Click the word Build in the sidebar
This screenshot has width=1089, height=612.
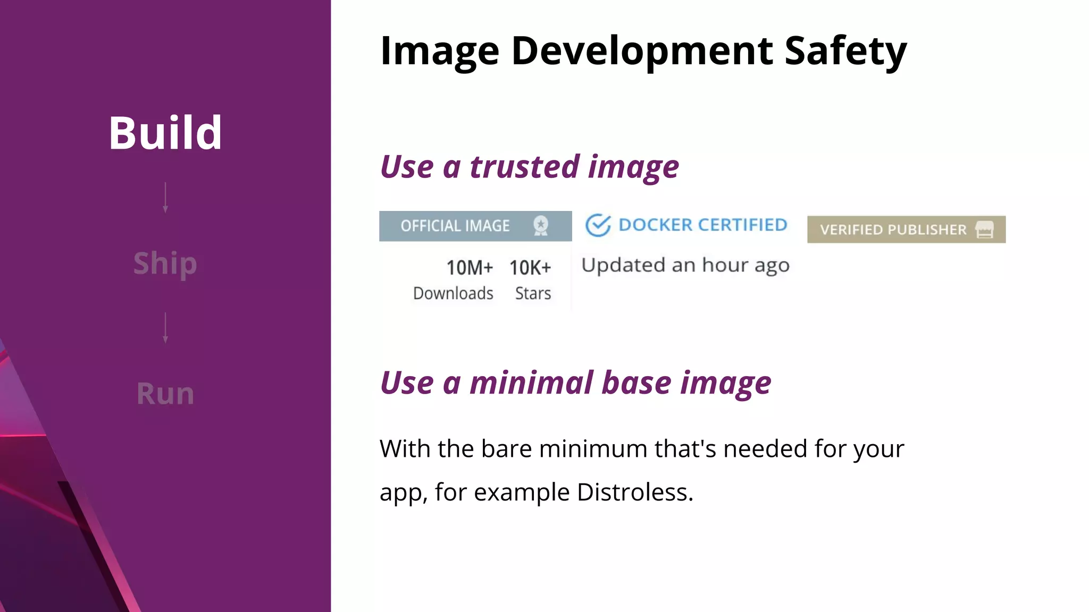tap(165, 133)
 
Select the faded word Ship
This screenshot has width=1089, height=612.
tap(165, 263)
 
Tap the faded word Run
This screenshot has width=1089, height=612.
tap(165, 394)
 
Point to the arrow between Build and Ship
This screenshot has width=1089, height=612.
tap(165, 198)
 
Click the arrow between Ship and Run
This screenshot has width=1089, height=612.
tap(165, 328)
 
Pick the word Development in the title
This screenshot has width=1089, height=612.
tap(642, 50)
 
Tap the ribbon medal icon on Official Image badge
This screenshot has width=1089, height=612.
tap(541, 226)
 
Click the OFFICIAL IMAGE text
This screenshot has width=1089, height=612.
tap(455, 226)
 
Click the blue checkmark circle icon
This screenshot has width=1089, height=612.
tap(598, 225)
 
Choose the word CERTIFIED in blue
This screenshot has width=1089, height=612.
tap(742, 225)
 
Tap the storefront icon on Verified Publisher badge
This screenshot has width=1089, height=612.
tap(985, 229)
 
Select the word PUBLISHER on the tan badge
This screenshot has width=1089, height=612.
tap(927, 229)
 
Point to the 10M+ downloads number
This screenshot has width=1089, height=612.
tap(470, 268)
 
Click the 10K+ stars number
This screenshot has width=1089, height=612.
tap(530, 268)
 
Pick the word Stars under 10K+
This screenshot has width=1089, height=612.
tap(533, 293)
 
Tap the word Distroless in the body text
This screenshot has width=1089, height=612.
tap(635, 492)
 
